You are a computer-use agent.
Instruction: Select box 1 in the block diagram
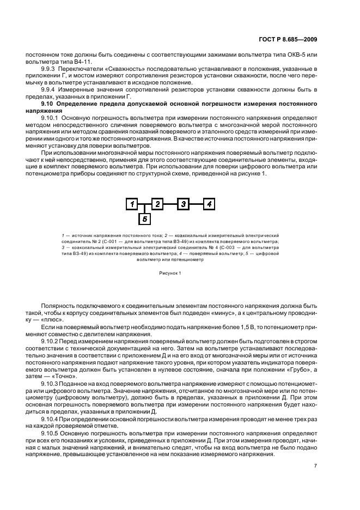click(x=131, y=204)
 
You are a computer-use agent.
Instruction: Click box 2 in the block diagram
click(x=157, y=204)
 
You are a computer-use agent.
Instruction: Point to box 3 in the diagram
click(x=184, y=204)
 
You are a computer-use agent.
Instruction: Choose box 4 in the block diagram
click(x=210, y=204)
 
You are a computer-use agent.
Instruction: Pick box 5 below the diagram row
click(x=144, y=219)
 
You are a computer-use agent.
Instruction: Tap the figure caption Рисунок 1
click(x=170, y=272)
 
